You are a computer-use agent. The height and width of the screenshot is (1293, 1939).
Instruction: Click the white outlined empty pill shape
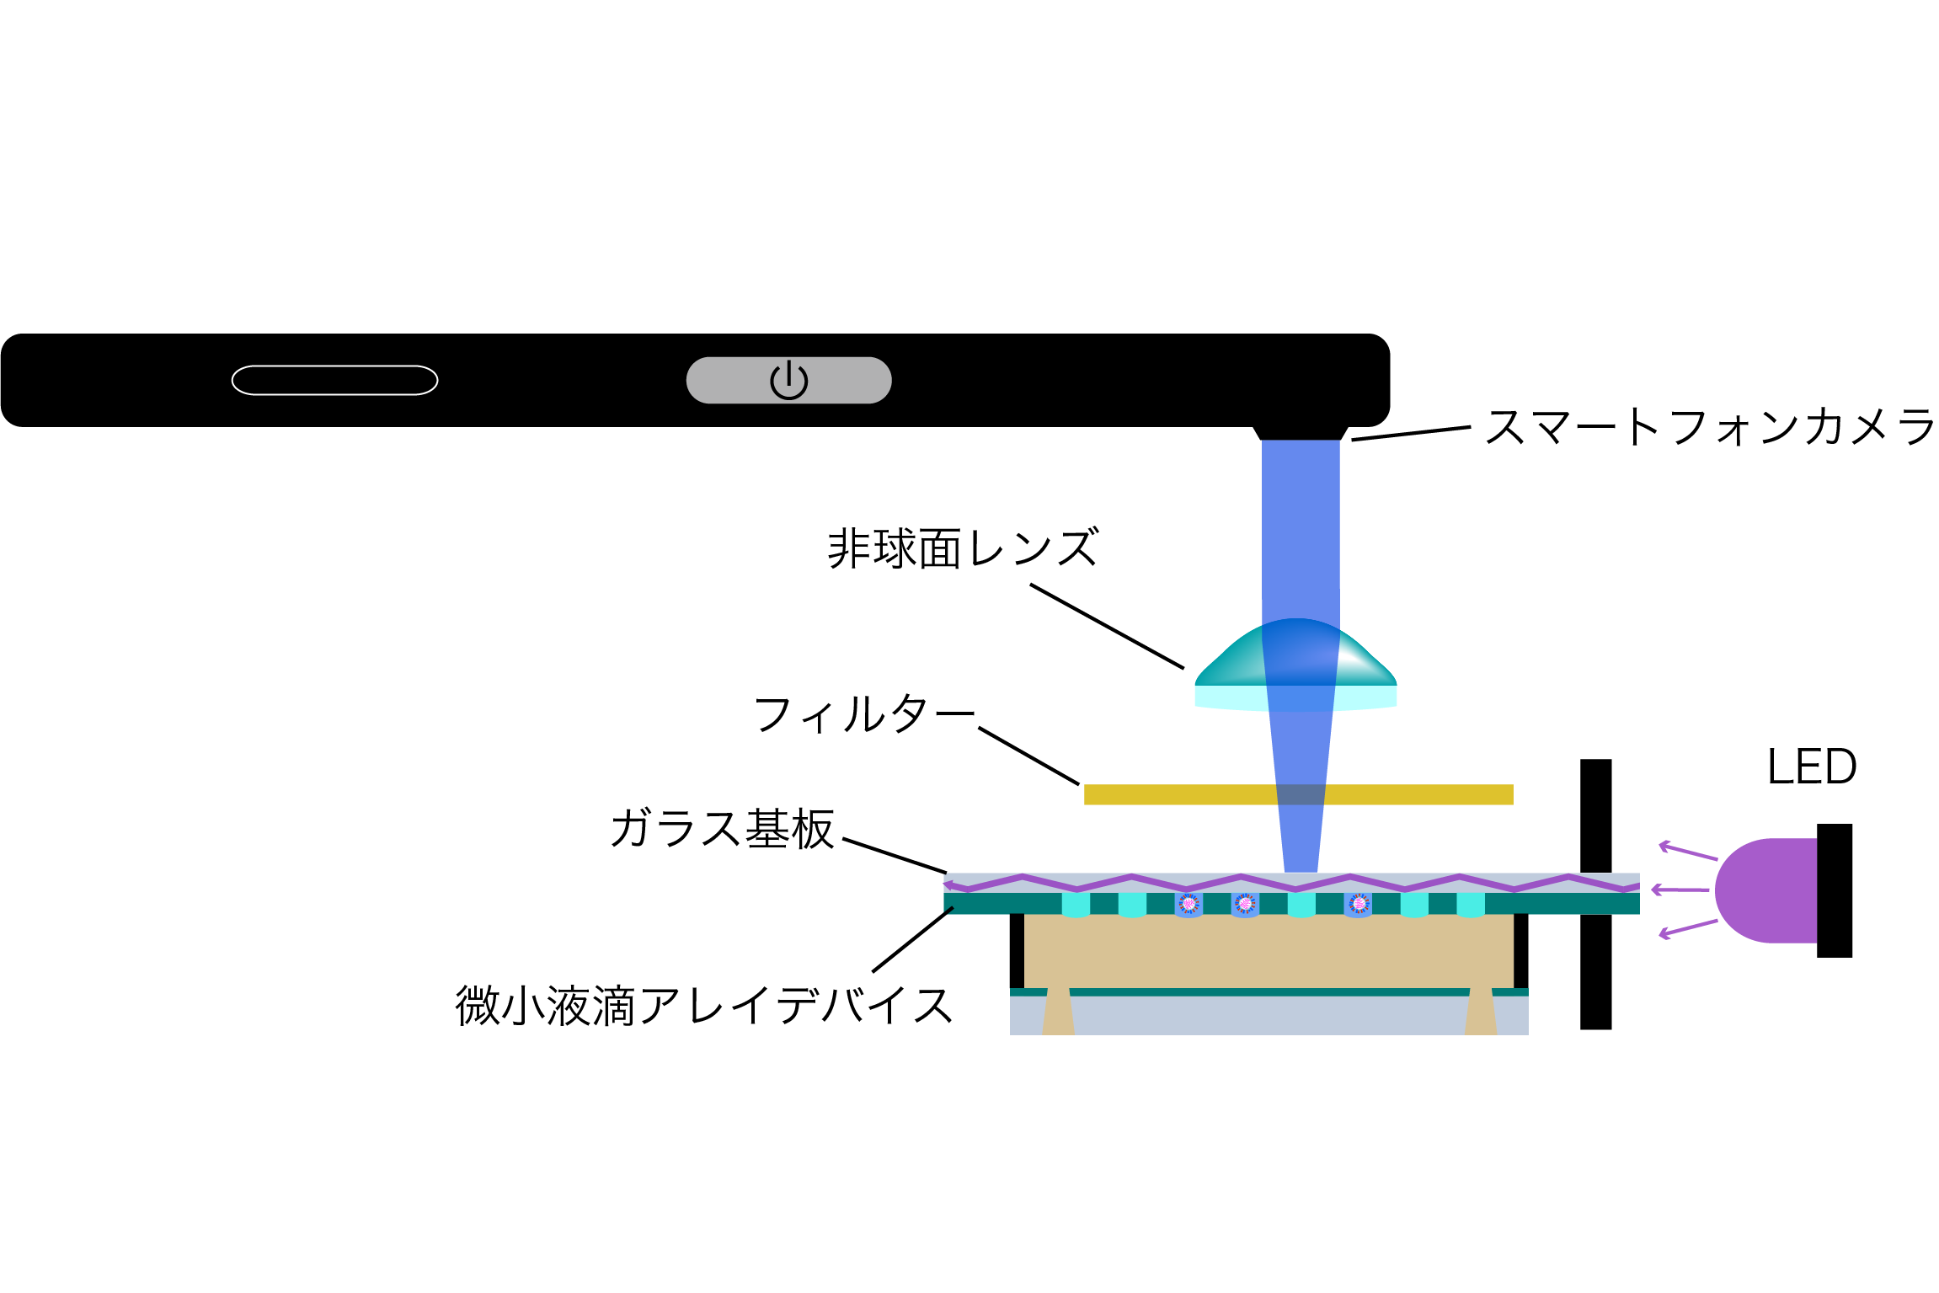(334, 380)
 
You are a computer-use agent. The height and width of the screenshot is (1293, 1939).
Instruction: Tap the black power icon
(788, 380)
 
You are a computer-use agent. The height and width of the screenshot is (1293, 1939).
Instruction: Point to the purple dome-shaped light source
(1769, 890)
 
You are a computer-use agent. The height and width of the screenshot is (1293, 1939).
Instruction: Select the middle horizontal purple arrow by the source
(1680, 890)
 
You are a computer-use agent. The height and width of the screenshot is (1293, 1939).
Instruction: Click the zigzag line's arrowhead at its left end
(949, 885)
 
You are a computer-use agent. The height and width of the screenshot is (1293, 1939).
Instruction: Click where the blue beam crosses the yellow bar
(1301, 794)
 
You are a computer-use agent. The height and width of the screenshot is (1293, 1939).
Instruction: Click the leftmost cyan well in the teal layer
(1076, 905)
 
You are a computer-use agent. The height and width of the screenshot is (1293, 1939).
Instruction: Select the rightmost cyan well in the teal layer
(1470, 905)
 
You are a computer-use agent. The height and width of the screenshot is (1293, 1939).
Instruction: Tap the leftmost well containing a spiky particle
(1189, 905)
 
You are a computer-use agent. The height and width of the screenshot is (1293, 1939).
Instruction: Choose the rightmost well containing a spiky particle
(1358, 905)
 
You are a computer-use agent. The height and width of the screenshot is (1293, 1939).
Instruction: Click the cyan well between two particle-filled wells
(1301, 905)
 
